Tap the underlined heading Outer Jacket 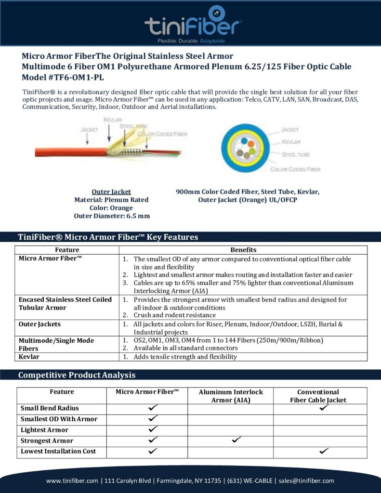(x=111, y=192)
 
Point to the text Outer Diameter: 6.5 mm (x=112, y=216)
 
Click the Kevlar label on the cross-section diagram (x=290, y=142)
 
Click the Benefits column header (x=243, y=250)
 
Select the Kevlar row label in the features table (x=29, y=357)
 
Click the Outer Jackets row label (x=40, y=324)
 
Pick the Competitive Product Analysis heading (x=77, y=375)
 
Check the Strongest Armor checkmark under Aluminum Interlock (x=236, y=440)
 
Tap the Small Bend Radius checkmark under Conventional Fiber (x=324, y=407)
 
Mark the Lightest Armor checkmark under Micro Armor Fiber (x=153, y=429)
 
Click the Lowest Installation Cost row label (x=58, y=451)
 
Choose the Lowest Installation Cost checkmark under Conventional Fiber (x=324, y=451)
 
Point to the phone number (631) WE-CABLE (x=251, y=480)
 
